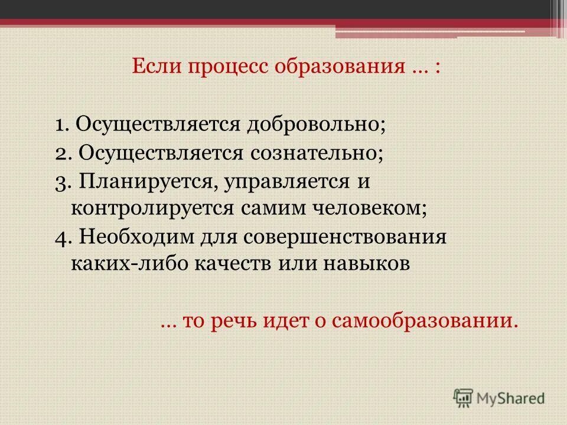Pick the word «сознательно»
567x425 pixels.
(315, 153)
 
